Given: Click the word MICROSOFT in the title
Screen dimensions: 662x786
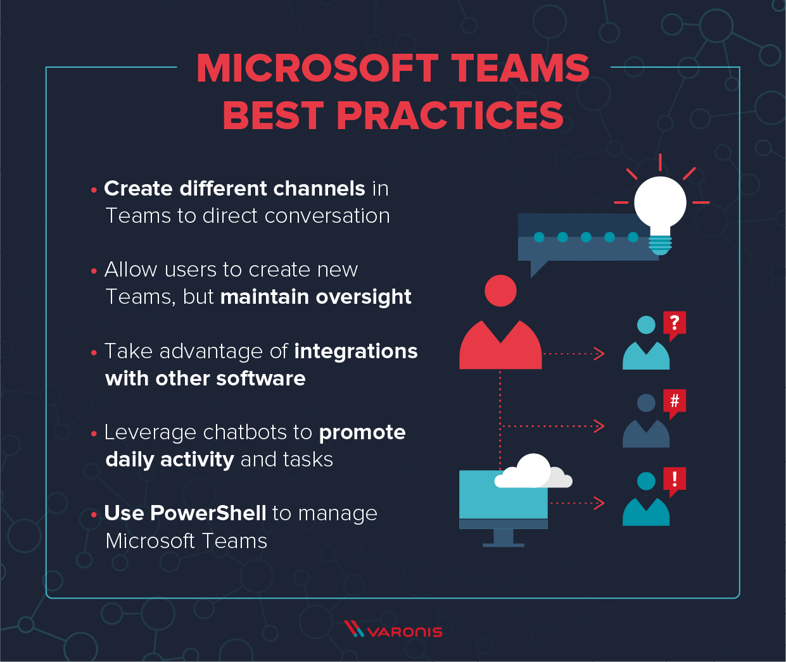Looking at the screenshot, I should (317, 68).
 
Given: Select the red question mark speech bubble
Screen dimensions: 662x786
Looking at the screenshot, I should (675, 323).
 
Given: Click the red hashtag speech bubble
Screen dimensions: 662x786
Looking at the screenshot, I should (675, 401).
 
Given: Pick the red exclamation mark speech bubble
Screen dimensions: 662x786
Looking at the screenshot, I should (675, 479).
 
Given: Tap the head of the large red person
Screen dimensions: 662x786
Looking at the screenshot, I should (500, 290).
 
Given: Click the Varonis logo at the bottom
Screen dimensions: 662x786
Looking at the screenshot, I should (393, 630).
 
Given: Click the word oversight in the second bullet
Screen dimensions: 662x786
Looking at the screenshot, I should (363, 297).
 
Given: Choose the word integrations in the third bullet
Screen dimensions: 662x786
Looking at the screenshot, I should (356, 351).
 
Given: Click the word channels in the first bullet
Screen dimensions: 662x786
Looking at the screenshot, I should (319, 189).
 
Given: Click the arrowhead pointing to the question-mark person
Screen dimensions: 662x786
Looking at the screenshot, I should (599, 354).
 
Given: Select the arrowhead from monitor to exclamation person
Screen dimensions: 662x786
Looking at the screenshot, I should (599, 503).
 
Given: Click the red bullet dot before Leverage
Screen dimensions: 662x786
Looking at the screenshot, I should (94, 434).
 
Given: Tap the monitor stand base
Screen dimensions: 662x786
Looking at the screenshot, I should (503, 544).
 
